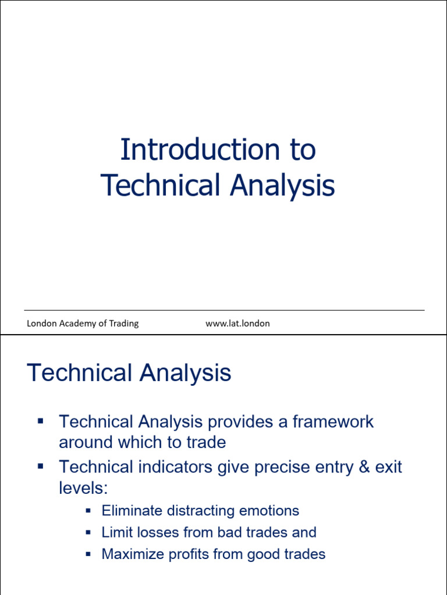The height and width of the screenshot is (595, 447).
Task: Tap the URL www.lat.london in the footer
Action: pyautogui.click(x=237, y=324)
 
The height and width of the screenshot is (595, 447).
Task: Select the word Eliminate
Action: pyautogui.click(x=132, y=511)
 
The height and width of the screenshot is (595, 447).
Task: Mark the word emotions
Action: pyautogui.click(x=271, y=511)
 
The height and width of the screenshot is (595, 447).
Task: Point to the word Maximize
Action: pyautogui.click(x=133, y=554)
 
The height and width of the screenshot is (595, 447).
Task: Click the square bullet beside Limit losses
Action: pyautogui.click(x=88, y=532)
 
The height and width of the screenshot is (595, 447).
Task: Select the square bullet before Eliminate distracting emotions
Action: pyautogui.click(x=88, y=511)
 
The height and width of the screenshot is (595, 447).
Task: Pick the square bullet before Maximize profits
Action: pyautogui.click(x=88, y=554)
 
